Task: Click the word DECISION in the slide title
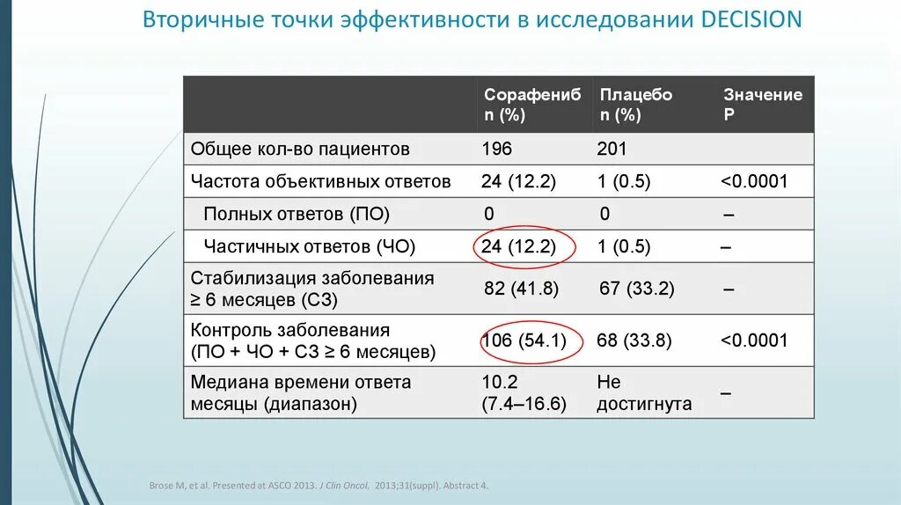(751, 20)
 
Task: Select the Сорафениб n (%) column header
(531, 105)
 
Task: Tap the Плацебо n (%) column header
(634, 105)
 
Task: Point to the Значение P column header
(762, 105)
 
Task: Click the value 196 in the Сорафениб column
(496, 149)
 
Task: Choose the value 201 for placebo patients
(612, 149)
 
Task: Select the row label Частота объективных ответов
(320, 181)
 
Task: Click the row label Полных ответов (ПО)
(296, 214)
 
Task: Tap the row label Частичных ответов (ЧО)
(309, 246)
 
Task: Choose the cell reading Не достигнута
(643, 393)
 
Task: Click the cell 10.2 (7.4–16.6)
(523, 393)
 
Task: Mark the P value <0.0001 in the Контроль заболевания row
(754, 340)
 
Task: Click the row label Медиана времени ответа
(301, 384)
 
